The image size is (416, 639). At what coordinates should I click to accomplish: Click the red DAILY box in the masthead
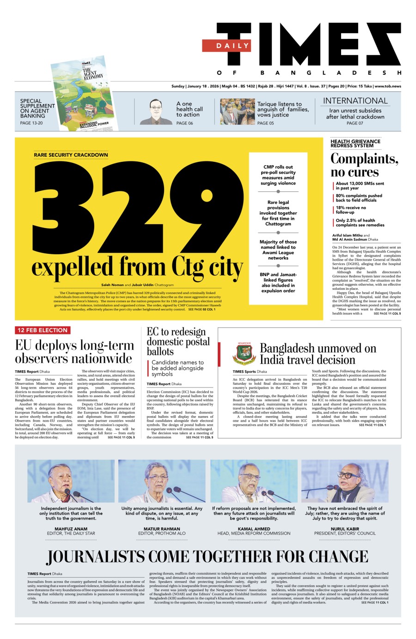tap(226, 45)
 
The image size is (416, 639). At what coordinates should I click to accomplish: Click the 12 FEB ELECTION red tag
tap(42, 330)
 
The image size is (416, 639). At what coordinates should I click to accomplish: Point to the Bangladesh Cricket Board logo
tap(244, 354)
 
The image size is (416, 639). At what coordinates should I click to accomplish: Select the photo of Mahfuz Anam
tap(71, 480)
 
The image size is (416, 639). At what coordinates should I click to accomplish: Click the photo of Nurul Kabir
tap(345, 480)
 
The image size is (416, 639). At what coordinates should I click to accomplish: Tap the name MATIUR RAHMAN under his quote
tap(162, 528)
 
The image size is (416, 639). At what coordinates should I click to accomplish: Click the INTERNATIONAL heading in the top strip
tap(355, 101)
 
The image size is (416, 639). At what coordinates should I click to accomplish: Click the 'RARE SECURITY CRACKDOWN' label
tap(71, 155)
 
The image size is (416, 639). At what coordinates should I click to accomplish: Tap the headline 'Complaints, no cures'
tap(364, 165)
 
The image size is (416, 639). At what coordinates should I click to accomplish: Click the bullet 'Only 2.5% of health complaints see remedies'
tap(360, 223)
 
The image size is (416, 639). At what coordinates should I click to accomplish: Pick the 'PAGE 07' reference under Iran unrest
tap(355, 123)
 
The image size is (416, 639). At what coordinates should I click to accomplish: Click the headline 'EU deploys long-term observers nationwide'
tap(74, 352)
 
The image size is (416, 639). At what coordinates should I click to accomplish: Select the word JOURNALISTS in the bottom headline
tap(106, 556)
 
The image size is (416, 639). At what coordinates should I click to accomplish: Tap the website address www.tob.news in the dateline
tap(388, 86)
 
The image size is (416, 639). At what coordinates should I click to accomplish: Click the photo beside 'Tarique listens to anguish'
tap(237, 111)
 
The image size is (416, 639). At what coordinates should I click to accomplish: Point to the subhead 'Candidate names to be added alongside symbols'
tap(177, 368)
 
